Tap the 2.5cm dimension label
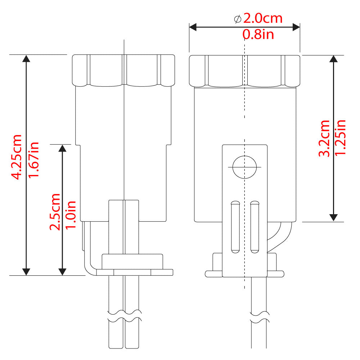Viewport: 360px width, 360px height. [x=55, y=212]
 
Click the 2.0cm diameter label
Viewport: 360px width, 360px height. [x=263, y=18]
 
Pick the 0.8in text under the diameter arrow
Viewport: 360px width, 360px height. [x=258, y=35]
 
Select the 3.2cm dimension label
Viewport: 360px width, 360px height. [x=324, y=138]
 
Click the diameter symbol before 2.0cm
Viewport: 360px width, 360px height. [x=238, y=19]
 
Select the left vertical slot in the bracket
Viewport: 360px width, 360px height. [x=234, y=226]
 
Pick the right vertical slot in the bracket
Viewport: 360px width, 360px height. [x=255, y=226]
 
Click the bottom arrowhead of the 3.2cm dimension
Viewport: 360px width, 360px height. [x=334, y=217]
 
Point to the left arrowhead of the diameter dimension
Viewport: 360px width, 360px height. [x=193, y=27]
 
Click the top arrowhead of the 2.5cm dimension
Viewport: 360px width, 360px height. [x=63, y=148]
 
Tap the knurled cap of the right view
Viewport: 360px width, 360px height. [x=245, y=71]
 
